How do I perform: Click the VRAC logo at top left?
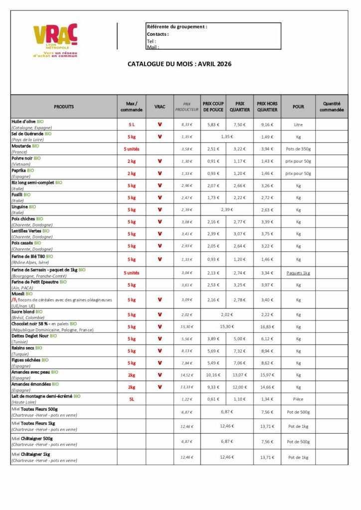point(55,40)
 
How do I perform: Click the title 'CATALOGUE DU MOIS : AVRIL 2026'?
point(180,64)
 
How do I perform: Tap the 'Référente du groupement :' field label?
point(177,26)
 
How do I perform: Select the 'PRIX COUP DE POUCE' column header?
point(213,107)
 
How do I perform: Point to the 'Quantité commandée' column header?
point(332,107)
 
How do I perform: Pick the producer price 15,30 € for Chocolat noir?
point(187,327)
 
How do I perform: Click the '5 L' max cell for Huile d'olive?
point(132,125)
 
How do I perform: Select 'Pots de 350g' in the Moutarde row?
point(298,149)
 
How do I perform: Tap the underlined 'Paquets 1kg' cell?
point(298,273)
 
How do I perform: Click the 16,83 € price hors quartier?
point(267,327)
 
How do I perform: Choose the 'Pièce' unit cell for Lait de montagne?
point(298,399)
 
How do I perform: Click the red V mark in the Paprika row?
point(160,173)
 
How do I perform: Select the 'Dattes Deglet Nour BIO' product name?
point(34,336)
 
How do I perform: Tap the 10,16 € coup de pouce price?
point(213,375)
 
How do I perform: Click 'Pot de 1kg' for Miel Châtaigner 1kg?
point(298,457)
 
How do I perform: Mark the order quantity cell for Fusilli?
point(332,198)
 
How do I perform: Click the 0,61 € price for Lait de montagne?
point(213,399)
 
